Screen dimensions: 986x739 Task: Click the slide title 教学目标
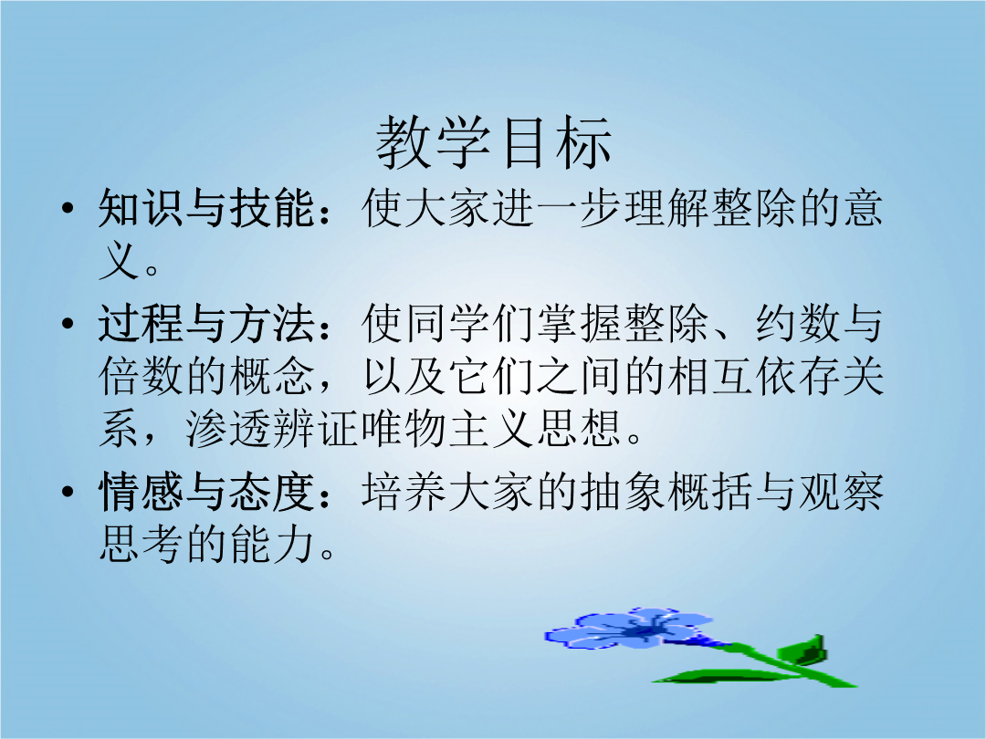click(494, 142)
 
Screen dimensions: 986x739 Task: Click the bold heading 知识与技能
click(206, 208)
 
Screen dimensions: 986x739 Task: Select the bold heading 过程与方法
click(206, 324)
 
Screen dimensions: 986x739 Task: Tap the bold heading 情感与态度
click(206, 492)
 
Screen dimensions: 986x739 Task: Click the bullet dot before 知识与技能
click(68, 208)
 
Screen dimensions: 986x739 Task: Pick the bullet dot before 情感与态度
click(68, 492)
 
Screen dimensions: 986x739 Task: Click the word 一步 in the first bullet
click(579, 208)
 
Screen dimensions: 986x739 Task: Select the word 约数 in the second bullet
click(797, 324)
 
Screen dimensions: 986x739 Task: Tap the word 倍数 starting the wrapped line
click(141, 377)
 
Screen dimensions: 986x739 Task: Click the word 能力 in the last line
click(272, 544)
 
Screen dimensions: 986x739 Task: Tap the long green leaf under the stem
click(723, 677)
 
